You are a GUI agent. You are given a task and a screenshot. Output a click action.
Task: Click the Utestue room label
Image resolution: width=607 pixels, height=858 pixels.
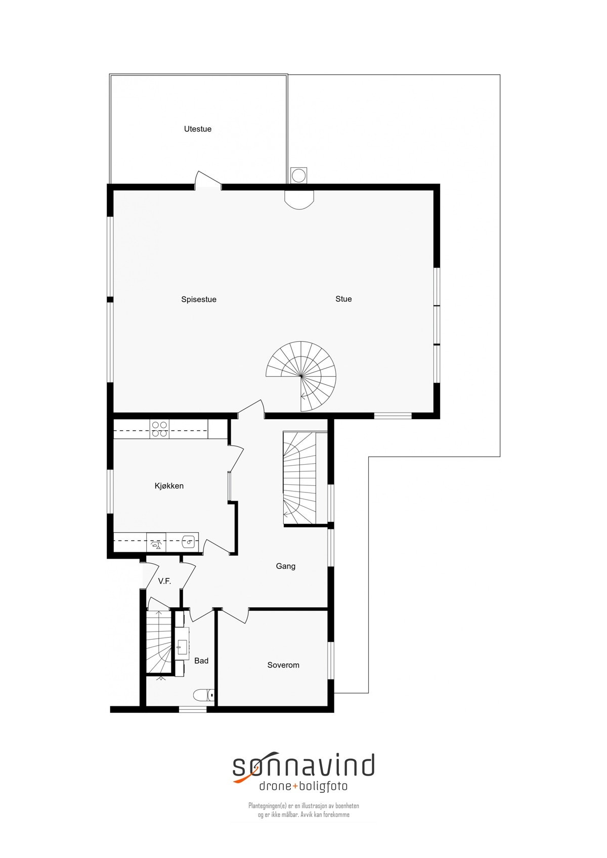198,129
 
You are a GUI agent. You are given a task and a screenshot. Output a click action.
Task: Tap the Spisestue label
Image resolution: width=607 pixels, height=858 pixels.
199,299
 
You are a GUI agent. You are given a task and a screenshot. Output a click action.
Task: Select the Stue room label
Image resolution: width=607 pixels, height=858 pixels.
343,299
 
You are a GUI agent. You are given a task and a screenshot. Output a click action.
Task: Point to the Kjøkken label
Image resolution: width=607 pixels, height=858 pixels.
169,486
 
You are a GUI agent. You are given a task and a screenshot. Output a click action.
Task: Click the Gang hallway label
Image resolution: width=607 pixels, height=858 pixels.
286,566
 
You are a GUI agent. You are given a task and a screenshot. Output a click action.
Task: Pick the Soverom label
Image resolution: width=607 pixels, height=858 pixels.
283,665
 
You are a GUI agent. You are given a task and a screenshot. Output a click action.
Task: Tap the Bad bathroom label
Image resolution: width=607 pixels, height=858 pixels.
201,660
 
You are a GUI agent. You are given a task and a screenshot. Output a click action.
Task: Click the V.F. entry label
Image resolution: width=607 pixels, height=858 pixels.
164,581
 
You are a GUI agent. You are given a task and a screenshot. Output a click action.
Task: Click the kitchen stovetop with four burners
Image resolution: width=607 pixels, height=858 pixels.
160,429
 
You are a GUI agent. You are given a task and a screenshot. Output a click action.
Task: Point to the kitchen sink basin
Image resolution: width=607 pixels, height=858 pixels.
188,541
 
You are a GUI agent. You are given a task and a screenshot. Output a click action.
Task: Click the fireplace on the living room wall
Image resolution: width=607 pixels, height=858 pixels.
299,199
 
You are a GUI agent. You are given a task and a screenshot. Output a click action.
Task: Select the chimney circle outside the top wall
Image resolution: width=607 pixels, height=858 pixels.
299,175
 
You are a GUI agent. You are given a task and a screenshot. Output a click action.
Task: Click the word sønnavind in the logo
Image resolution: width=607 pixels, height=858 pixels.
303,766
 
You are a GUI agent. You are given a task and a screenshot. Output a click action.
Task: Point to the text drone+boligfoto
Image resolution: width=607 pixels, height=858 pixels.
303,786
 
